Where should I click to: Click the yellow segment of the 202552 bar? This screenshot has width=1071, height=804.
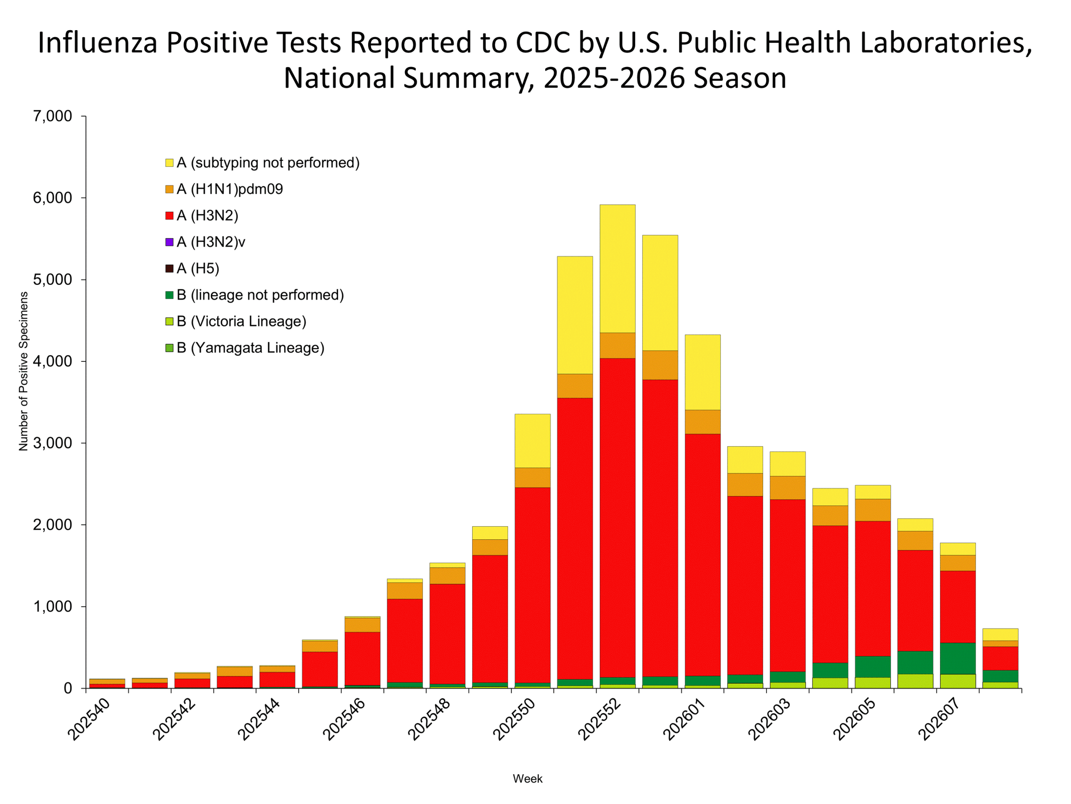617,269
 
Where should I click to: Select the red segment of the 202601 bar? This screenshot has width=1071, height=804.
702,555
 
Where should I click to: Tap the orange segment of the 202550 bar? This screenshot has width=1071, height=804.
532,477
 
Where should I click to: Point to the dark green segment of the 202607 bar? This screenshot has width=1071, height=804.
958,659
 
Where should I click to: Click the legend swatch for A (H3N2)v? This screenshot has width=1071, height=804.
169,242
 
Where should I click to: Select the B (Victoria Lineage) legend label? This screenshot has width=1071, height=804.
241,321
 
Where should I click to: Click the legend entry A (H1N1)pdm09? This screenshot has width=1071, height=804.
230,189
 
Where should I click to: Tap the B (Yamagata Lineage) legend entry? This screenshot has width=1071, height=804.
250,348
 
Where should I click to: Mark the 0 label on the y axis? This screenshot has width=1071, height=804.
68,689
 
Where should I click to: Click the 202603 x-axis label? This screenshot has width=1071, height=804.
770,719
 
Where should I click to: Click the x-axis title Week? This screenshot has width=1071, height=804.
528,779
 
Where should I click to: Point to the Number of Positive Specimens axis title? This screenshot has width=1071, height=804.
23,371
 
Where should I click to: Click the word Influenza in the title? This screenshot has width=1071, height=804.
97,43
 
